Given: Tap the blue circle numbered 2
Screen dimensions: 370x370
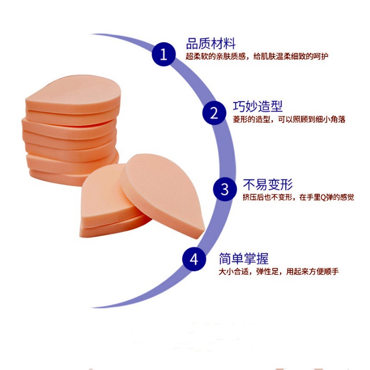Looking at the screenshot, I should click(x=214, y=113).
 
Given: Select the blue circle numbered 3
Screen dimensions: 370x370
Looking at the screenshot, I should click(x=225, y=189).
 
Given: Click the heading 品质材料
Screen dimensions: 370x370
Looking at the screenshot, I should click(x=211, y=44).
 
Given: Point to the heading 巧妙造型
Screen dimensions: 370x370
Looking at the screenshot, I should click(x=258, y=107).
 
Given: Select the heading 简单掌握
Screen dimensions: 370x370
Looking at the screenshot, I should click(x=244, y=258).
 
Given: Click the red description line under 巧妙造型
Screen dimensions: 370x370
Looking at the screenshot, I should click(x=289, y=119).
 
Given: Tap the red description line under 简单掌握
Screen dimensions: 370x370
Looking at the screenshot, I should click(x=279, y=271).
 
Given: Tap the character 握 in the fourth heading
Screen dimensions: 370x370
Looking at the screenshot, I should click(x=262, y=258).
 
